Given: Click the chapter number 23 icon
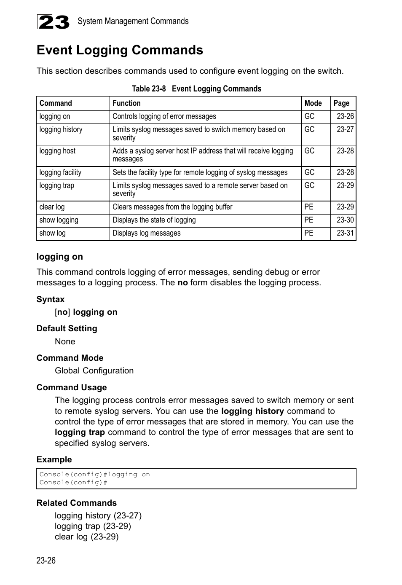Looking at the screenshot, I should pyautogui.click(x=53, y=22).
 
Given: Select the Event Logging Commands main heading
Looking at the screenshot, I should pyautogui.click(x=120, y=50).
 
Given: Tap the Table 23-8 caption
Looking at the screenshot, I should pyautogui.click(x=196, y=89).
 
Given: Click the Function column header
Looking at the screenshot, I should pyautogui.click(x=126, y=103).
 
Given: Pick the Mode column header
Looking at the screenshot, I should pyautogui.click(x=313, y=103).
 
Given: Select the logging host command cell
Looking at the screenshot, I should pyautogui.click(x=57, y=151).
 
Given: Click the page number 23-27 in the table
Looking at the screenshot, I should pyautogui.click(x=345, y=129).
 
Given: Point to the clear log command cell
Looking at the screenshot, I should pyautogui.click(x=52, y=207).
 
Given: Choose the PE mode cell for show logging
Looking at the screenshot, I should pyautogui.click(x=309, y=220).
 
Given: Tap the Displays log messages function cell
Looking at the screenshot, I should pyautogui.click(x=146, y=233).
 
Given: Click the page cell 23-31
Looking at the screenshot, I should pyautogui.click(x=345, y=233).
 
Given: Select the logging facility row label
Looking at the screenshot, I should pyautogui.click(x=60, y=172).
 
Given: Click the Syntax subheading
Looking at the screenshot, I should pyautogui.click(x=51, y=299).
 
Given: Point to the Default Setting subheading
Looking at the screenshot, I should pyautogui.click(x=67, y=328).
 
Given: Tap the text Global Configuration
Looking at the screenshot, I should pyautogui.click(x=94, y=370).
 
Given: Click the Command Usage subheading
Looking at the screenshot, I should pyautogui.click(x=72, y=387).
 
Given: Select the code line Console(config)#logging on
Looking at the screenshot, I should pyautogui.click(x=94, y=475).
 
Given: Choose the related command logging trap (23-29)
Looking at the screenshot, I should pyautogui.click(x=93, y=526).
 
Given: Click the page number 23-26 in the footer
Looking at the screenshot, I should pyautogui.click(x=46, y=560).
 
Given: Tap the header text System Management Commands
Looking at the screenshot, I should pyautogui.click(x=133, y=21).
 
